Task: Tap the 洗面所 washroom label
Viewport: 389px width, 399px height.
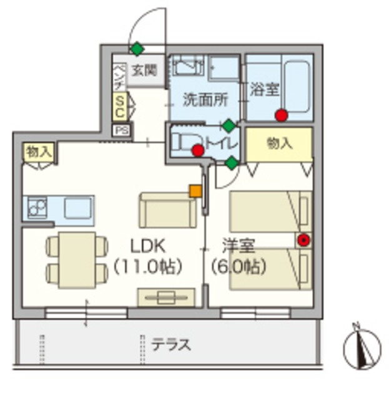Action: pos(204,100)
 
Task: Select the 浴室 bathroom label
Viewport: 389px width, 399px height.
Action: pos(264,89)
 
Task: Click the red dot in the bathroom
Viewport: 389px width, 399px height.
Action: pos(282,115)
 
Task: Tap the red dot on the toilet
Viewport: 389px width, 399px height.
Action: pos(198,150)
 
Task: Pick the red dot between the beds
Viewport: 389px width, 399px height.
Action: pos(303,240)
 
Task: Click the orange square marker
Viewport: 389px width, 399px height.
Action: pos(196,191)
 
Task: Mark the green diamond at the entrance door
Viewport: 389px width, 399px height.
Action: pos(135,48)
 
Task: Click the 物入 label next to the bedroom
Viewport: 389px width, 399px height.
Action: pos(278,144)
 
